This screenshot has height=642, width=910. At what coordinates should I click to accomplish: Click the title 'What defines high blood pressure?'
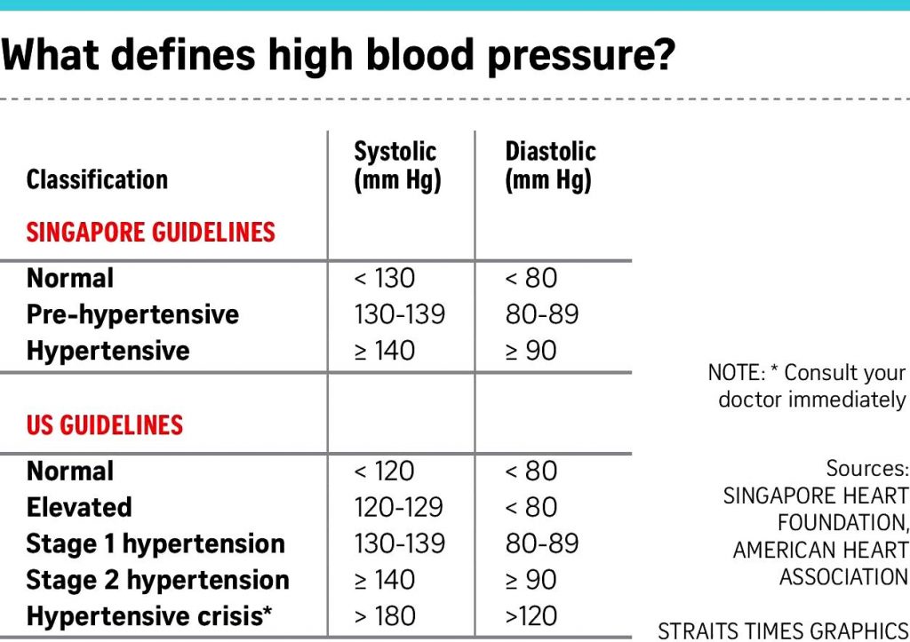tap(338, 57)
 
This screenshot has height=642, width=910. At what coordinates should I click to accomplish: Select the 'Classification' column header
tap(97, 180)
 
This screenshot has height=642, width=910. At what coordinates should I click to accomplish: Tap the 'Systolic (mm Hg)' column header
tap(397, 166)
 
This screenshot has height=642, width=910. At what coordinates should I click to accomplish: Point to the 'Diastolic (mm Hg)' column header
tap(549, 166)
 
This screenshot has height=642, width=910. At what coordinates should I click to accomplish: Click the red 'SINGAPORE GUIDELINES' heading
tap(150, 233)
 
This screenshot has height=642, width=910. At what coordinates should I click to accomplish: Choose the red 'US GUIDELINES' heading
tap(104, 424)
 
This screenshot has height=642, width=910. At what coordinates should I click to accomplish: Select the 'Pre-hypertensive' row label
tap(132, 314)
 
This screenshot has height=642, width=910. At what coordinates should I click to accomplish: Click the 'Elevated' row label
tap(79, 507)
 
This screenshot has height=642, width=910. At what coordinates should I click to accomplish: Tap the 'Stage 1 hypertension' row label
tap(156, 543)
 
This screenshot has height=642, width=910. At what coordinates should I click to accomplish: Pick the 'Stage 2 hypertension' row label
tap(157, 580)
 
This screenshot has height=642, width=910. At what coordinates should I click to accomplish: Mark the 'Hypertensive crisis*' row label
tap(148, 616)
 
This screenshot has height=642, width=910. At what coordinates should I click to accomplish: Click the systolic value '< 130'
tap(384, 278)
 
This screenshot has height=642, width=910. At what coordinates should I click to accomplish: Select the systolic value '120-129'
tap(398, 507)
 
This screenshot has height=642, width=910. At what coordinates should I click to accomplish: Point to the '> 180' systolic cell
tap(384, 616)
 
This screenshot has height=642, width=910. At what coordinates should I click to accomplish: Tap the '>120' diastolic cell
tap(531, 616)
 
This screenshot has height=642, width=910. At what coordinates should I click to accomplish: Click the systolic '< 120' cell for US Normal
tap(384, 471)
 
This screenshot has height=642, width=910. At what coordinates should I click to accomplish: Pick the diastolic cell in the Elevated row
tap(531, 507)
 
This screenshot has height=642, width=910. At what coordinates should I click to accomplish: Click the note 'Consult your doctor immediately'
tap(807, 386)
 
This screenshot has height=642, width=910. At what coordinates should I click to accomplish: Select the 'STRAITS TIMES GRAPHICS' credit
tap(783, 630)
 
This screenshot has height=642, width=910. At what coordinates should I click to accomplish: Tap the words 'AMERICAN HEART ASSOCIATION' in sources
tap(820, 564)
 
